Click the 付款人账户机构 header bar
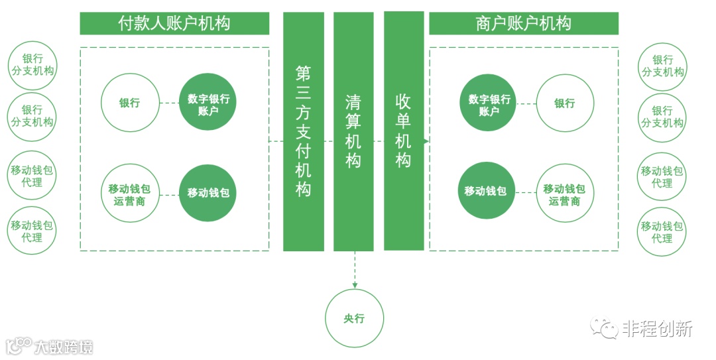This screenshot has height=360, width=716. [174, 23]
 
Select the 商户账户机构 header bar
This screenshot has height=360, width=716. [523, 23]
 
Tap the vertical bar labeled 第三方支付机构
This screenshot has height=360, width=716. [304, 131]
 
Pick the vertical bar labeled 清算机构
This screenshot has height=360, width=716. [353, 131]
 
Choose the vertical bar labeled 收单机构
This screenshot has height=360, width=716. [404, 131]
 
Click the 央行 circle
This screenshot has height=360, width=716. [354, 318]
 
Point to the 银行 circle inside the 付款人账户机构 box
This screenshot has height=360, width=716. [130, 103]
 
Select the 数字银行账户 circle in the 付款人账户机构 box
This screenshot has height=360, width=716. [208, 103]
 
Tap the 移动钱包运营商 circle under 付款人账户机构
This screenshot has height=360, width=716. [130, 194]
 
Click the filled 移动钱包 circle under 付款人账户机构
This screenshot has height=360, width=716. [208, 194]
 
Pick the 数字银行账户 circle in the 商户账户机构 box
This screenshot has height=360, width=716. [489, 103]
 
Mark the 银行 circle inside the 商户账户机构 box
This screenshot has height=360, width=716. [565, 103]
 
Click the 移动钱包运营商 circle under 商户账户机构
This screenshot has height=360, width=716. [565, 194]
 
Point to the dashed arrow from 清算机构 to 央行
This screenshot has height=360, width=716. [354, 269]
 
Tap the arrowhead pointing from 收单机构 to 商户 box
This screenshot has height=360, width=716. [426, 141]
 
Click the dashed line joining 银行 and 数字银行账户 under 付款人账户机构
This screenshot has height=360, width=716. [169, 103]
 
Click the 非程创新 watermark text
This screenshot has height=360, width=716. [658, 328]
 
